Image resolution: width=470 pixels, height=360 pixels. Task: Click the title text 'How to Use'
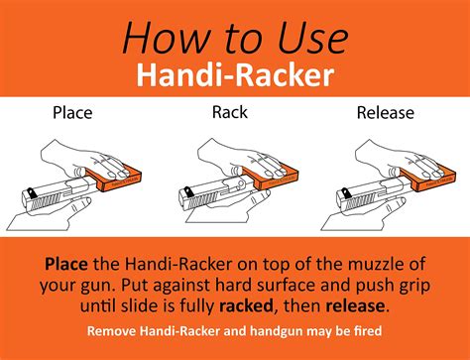(234, 38)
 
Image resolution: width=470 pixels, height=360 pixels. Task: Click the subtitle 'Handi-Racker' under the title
(234, 74)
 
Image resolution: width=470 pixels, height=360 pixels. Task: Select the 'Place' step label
(73, 112)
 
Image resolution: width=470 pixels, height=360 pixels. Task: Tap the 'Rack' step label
(230, 112)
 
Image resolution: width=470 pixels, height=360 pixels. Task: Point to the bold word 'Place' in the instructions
(70, 265)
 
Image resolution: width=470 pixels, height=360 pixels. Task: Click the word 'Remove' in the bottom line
(113, 330)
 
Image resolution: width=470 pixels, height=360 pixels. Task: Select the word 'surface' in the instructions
(293, 287)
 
